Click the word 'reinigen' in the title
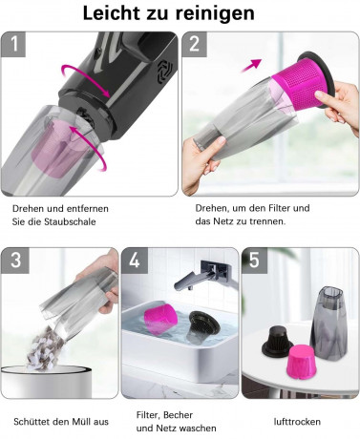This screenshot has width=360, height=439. coord(215,13)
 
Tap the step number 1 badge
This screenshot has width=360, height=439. coord(13,44)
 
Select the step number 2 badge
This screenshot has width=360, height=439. coord(195,44)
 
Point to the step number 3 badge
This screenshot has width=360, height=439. coord(15,261)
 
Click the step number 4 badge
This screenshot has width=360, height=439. coord(135,261)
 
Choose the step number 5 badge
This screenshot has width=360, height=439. coord(255,261)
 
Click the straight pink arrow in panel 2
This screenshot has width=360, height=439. coord(251,65)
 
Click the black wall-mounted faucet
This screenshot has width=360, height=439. coord(207,274)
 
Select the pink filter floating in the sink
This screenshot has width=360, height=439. coord(160,317)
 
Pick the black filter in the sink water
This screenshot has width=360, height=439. coord(203,324)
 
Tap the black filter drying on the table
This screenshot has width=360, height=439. coord(277,341)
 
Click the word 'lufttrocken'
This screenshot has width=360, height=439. coord(297,422)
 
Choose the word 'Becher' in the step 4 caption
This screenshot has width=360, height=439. coord(180,415)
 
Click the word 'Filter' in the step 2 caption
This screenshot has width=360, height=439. coord(279,208)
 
